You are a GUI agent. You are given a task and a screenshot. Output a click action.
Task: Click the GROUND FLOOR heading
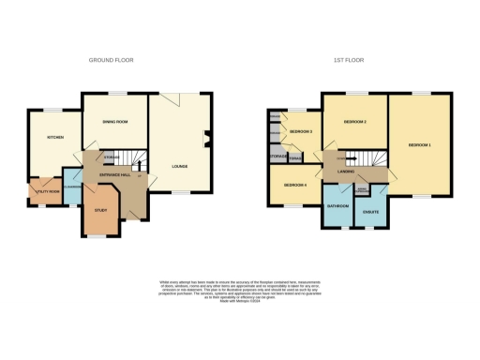112,60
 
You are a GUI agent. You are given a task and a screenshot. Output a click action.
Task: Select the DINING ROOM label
113,122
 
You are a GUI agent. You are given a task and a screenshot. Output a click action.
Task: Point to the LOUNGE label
179,167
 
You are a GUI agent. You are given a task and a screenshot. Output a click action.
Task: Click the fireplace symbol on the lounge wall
208,142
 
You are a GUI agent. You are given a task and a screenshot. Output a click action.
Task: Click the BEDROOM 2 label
354,123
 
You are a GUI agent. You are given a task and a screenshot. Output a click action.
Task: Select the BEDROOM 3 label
299,131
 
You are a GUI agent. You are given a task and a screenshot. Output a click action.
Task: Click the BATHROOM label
337,204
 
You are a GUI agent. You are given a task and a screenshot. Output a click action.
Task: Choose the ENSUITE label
371,213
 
